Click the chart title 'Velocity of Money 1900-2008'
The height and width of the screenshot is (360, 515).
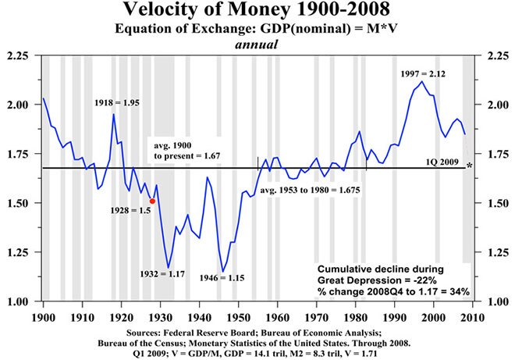coord(258,12)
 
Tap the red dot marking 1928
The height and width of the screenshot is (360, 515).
coord(152,201)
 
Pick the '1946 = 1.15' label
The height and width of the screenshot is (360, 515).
coord(219,278)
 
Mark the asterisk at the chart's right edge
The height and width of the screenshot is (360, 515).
coord(469,166)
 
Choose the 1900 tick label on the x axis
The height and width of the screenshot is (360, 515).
coord(44,318)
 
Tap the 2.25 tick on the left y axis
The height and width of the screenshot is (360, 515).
coord(18,56)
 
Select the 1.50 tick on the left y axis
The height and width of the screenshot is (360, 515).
coord(18,203)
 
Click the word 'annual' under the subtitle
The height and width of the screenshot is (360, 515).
coord(257,45)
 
